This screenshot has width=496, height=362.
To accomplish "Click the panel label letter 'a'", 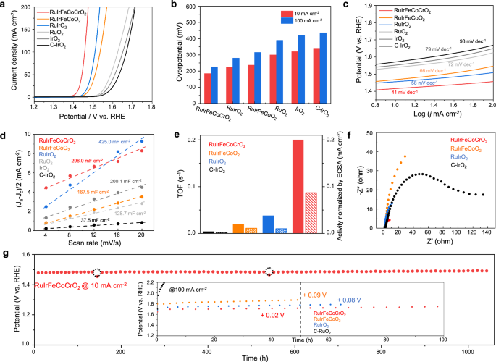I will pyautogui.click(x=5, y=5).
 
